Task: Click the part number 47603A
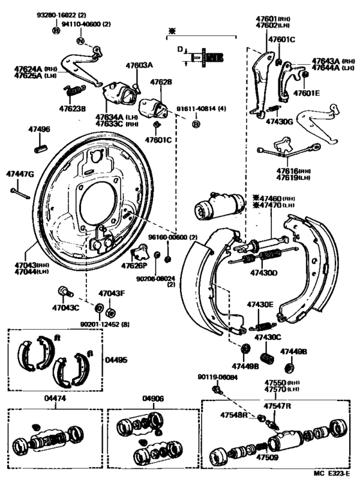click(x=139, y=66)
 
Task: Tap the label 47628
click(x=161, y=82)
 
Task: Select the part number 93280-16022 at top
click(x=73, y=14)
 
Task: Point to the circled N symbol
click(x=81, y=40)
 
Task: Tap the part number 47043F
click(x=111, y=293)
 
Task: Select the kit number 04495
click(x=116, y=361)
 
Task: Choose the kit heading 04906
click(x=154, y=399)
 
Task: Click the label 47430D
click(x=264, y=273)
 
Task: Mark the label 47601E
click(x=307, y=92)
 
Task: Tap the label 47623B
click(x=72, y=108)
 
